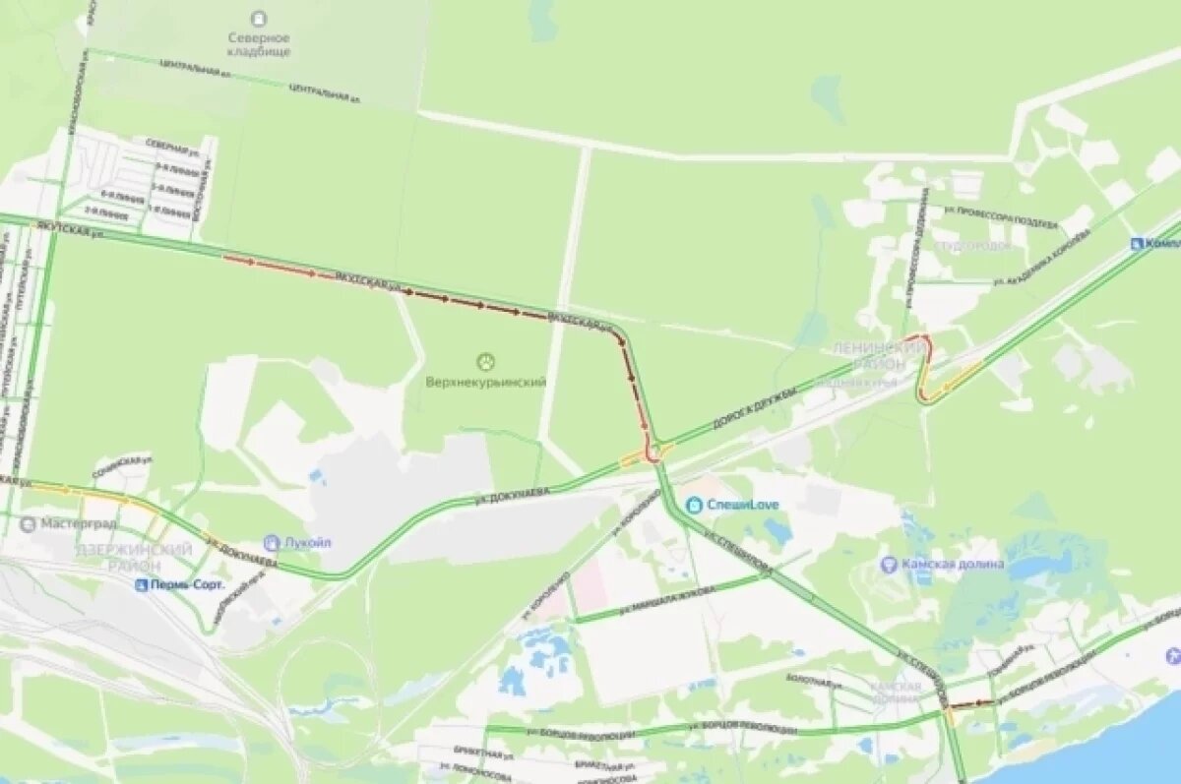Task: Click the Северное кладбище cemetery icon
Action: click(259, 18)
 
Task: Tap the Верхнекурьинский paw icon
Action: click(485, 361)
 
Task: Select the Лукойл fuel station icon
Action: click(272, 542)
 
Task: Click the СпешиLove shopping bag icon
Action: click(694, 505)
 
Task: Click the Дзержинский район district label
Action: click(133, 558)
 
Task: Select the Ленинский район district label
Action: click(879, 355)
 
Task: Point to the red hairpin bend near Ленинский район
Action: click(923, 367)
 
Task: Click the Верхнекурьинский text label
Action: click(485, 382)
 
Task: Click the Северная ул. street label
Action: click(173, 147)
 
